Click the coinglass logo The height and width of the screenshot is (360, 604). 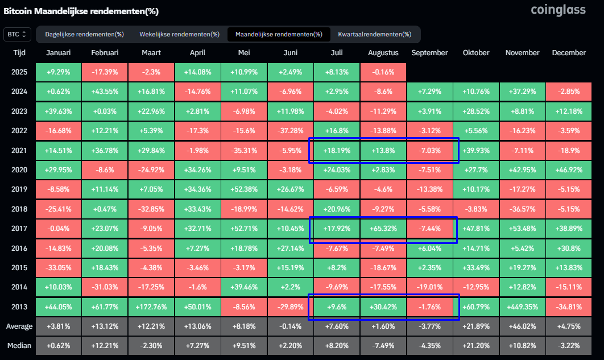558,10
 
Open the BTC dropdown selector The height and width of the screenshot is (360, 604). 17,34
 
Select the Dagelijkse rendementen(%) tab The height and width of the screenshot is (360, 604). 84,34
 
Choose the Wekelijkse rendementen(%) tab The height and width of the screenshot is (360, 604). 180,34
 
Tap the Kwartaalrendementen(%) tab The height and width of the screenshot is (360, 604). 375,34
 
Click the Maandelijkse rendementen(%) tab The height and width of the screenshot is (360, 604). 279,34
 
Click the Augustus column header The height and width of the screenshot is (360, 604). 383,53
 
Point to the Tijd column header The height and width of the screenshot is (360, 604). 19,53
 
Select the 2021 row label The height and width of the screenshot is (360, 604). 19,151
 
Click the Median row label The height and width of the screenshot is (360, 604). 19,345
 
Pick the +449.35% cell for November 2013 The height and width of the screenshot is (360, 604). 522,307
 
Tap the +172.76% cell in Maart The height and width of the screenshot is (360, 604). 151,307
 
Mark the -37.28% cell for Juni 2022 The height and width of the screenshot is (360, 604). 291,131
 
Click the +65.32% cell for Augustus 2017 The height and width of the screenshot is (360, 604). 383,228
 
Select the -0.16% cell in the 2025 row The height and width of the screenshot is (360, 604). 383,72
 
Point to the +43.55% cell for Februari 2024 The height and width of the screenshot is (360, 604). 105,91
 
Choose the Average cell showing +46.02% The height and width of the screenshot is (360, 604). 522,326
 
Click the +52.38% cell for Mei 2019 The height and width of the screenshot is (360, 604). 244,189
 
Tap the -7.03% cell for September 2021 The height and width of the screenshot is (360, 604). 429,151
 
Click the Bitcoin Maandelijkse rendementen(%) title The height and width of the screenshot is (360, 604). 81,11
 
